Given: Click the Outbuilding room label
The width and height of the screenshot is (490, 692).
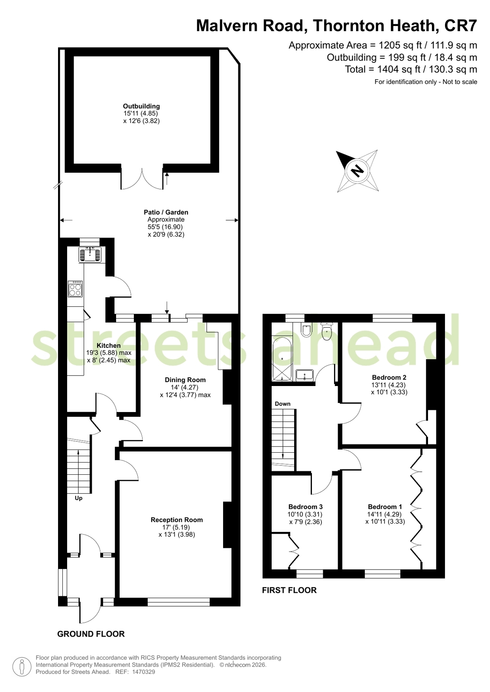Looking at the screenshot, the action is coord(141,106).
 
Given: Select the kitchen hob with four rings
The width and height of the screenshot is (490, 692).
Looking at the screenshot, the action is coord(75,289).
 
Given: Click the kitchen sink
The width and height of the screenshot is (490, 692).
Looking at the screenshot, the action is coord(90,254).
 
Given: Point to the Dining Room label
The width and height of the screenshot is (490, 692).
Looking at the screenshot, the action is coord(185,380).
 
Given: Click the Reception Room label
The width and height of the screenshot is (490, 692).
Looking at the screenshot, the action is coord(177,520).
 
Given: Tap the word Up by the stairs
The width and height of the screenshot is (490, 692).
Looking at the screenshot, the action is coord(78,498).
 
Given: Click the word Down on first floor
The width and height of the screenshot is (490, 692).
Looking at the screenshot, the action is coord(282,404).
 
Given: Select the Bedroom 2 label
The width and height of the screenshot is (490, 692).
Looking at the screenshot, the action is coord(389,377).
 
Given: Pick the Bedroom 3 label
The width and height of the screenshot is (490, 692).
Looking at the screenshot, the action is coord(305,507).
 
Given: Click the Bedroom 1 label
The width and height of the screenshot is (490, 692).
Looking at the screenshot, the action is coord(385,507).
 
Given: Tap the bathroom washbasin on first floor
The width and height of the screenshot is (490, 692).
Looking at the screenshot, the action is coord(305,375).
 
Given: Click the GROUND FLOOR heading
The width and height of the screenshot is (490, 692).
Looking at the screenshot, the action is coord(91,634).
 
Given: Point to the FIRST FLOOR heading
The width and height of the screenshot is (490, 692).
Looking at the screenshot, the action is coord(289,590).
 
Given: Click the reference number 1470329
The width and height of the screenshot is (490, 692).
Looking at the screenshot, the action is coord(143,672).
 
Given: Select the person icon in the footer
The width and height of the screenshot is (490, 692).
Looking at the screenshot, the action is coord(22,666).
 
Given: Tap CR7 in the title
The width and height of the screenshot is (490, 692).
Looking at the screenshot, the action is coord(461,26).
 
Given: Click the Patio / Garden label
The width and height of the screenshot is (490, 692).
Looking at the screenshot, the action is coord(166,212).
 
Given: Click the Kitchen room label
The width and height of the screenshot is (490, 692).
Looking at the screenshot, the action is coord(109,346).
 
